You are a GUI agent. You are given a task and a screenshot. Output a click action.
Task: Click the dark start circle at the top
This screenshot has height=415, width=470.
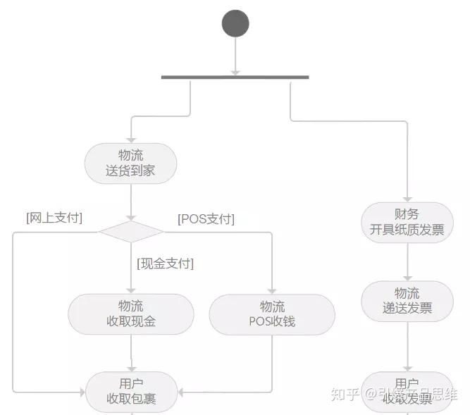pos(235,23)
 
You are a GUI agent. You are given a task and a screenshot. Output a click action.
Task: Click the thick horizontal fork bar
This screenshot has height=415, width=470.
pos(235,77)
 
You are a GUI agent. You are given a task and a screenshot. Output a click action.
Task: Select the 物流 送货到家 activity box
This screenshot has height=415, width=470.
pos(130,163)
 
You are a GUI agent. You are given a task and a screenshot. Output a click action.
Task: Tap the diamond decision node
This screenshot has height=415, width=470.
pos(130,231)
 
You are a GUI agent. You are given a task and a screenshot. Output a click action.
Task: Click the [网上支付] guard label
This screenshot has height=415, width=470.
pos(54,218)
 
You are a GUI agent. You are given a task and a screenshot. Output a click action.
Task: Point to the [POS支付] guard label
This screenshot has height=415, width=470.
pos(206,219)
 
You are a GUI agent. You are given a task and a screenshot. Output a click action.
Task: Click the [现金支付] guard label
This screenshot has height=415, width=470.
pos(165,264)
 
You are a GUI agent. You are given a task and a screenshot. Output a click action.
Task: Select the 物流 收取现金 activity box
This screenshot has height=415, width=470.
pos(130,314)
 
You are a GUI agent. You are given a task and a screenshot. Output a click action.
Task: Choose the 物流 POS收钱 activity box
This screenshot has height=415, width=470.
pos(272,314)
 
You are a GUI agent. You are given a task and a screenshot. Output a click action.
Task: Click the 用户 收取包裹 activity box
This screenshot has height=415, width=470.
pos(131,391)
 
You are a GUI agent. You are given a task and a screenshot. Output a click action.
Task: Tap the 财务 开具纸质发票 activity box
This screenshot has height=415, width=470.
pos(407,222)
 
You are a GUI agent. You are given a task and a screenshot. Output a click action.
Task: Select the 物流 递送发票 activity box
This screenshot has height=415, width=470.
pos(407,301)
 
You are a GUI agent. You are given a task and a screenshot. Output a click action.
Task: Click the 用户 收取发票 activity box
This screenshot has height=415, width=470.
pos(407,391)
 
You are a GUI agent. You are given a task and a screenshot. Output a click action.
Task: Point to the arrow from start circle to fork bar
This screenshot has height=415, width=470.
pos(235,56)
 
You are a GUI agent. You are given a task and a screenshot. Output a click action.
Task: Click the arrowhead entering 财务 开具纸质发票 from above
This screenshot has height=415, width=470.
pos(407,198)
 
